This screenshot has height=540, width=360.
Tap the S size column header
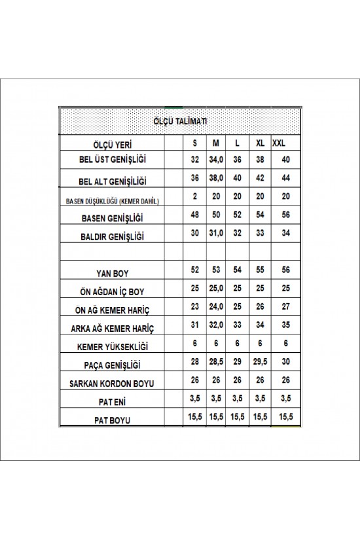tap(194, 143)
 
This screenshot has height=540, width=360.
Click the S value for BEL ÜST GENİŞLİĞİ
tap(194, 160)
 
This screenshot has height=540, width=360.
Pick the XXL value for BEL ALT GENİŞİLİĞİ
tap(285, 178)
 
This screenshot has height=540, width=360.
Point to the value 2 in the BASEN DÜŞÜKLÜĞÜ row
tap(194, 197)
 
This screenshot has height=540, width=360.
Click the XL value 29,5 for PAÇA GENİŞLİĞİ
tap(260, 362)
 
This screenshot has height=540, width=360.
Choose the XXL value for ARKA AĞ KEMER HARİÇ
tap(285, 325)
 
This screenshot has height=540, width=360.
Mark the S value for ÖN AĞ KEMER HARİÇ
tap(194, 306)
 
